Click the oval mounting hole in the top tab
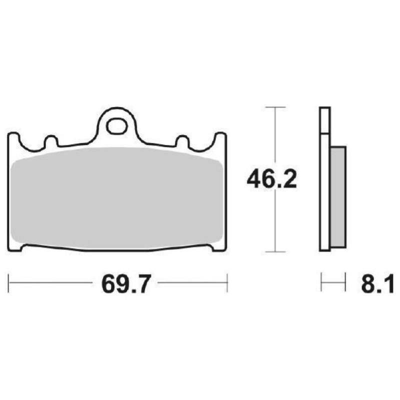(x=117, y=125)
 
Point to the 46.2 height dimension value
(x=271, y=179)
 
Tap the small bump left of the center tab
(x=50, y=140)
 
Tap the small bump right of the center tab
(x=183, y=140)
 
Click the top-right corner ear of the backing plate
(x=220, y=139)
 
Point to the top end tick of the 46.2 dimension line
(x=274, y=107)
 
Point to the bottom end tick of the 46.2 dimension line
(x=274, y=252)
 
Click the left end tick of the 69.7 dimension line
(x=9, y=283)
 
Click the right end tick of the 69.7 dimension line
(x=227, y=283)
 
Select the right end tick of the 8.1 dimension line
(x=345, y=283)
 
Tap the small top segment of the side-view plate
(x=324, y=120)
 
